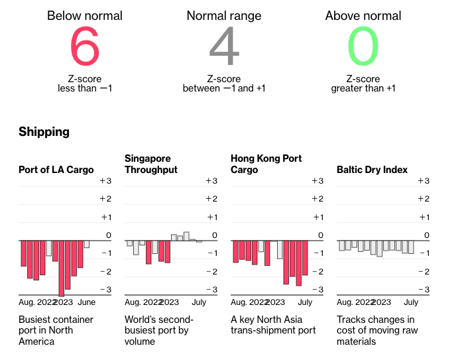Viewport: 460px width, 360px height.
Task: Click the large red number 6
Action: click(x=85, y=46)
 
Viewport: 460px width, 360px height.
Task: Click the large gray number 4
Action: click(x=224, y=46)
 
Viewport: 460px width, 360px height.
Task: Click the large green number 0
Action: click(x=363, y=46)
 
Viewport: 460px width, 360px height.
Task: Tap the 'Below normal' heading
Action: click(x=85, y=16)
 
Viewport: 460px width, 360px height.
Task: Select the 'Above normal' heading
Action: click(x=363, y=16)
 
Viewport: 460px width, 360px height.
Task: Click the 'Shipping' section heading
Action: click(x=44, y=132)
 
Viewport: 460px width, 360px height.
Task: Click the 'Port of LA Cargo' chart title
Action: click(x=56, y=170)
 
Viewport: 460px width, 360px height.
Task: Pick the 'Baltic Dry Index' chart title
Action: click(x=372, y=170)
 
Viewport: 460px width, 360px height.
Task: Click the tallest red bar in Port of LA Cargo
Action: click(x=62, y=268)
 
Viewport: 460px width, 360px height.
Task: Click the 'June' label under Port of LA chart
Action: click(x=87, y=302)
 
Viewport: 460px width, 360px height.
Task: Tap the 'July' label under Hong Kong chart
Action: click(x=304, y=302)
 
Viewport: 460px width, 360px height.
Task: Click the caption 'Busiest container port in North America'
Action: click(x=56, y=330)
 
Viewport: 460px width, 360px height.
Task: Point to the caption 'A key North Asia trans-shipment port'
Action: click(x=273, y=325)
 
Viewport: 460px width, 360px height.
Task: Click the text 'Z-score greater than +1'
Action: click(x=363, y=84)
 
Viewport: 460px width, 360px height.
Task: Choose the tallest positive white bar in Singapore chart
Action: click(x=187, y=235)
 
